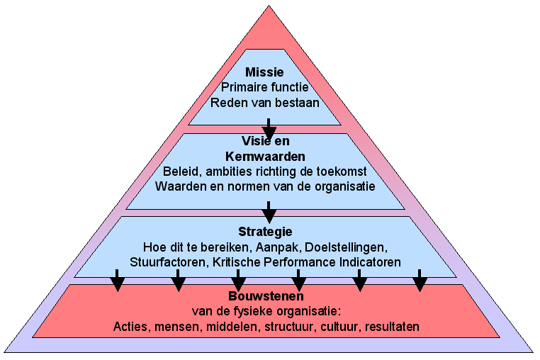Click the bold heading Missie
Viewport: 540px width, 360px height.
(x=264, y=72)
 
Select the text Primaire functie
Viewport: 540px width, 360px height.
(x=264, y=87)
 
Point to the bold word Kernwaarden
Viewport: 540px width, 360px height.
(x=264, y=155)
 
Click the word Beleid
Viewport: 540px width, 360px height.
(x=181, y=171)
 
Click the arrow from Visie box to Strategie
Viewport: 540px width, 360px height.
(x=269, y=210)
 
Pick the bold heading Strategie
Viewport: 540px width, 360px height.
(x=265, y=232)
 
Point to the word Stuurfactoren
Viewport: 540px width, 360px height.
(x=164, y=262)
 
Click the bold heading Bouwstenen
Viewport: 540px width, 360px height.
(x=266, y=296)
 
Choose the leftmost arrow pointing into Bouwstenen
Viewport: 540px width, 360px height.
(x=118, y=280)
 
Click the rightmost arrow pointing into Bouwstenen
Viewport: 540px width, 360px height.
(x=420, y=280)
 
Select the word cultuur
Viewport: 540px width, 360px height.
(x=341, y=327)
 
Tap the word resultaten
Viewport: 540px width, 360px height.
(x=393, y=327)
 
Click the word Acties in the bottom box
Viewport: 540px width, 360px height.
(x=129, y=327)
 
